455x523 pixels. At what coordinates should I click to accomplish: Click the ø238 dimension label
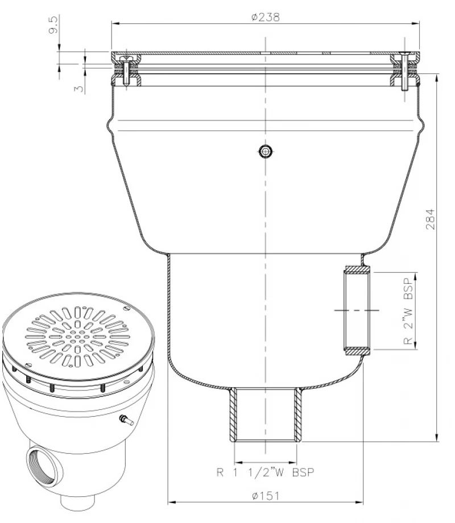(265, 16)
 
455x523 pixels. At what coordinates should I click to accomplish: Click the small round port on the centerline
(265, 151)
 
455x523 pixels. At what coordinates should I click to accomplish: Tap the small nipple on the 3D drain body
(125, 421)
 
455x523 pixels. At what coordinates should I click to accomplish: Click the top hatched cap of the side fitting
(357, 268)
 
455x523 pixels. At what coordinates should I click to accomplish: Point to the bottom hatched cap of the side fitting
(357, 352)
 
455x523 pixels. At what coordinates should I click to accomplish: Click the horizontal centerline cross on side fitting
(357, 310)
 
